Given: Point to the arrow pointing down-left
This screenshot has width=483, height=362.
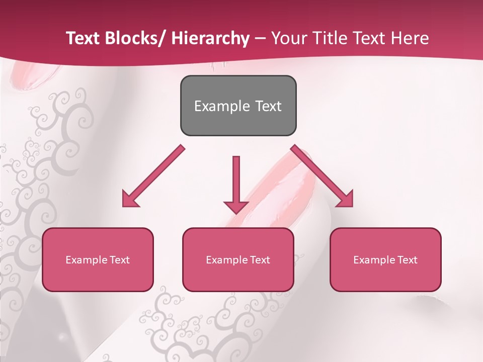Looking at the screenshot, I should (x=153, y=176).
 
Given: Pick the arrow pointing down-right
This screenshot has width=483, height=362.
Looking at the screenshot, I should (x=322, y=176).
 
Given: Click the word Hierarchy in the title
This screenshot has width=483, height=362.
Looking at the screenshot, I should (x=210, y=38).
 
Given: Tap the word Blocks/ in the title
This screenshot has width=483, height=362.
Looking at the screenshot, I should (x=139, y=38).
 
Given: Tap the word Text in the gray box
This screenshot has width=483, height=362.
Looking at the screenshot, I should (x=268, y=106).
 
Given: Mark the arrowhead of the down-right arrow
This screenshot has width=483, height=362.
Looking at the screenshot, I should (x=345, y=199).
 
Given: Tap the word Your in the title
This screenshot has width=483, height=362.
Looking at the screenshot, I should (x=289, y=38).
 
